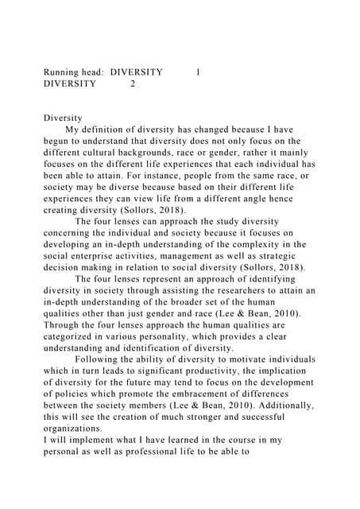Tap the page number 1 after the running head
coord(198,72)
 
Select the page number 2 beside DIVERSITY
coord(133,83)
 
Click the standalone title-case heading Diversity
coord(63,118)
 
